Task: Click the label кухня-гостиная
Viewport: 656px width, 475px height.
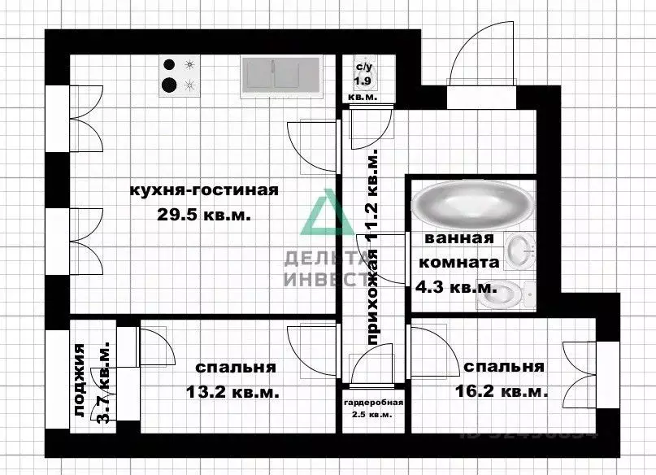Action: [204, 191]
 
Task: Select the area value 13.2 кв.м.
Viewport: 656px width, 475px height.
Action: [232, 392]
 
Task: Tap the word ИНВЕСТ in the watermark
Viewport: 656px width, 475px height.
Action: [323, 279]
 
